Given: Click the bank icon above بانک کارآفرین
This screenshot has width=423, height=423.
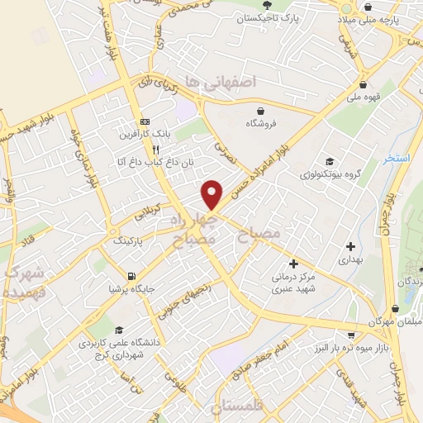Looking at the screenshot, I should pos(145,117).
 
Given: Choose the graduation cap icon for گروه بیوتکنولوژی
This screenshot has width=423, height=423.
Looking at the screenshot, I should pos(329,161).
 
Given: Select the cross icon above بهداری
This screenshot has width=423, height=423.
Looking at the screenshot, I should pos(351,245).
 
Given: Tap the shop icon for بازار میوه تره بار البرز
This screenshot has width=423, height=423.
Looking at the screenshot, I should pos(352,335).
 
